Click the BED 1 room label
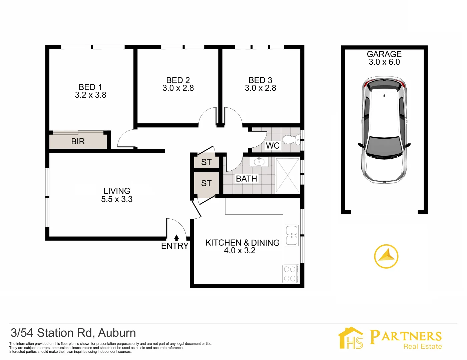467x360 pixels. pyautogui.click(x=90, y=87)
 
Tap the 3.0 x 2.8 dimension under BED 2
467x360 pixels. pyautogui.click(x=178, y=88)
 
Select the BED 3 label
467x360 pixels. pyautogui.click(x=260, y=80)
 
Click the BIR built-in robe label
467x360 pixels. pyautogui.click(x=78, y=142)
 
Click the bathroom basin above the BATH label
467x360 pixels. pyautogui.click(x=259, y=162)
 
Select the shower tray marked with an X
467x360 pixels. pyautogui.click(x=288, y=176)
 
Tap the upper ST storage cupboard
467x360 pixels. pyautogui.click(x=206, y=162)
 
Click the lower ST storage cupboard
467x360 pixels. pyautogui.click(x=206, y=183)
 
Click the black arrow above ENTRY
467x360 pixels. pyautogui.click(x=176, y=238)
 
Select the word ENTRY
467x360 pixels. pyautogui.click(x=175, y=246)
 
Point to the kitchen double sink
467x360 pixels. pyautogui.click(x=292, y=235)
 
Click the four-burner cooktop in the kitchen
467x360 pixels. pyautogui.click(x=290, y=274)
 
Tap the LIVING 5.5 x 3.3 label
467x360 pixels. pyautogui.click(x=117, y=195)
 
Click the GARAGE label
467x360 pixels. pyautogui.click(x=384, y=54)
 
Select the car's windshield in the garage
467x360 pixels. pyautogui.click(x=384, y=146)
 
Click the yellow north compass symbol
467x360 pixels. pyautogui.click(x=386, y=256)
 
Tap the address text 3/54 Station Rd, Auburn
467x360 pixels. pyautogui.click(x=73, y=333)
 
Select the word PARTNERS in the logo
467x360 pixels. pyautogui.click(x=406, y=336)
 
